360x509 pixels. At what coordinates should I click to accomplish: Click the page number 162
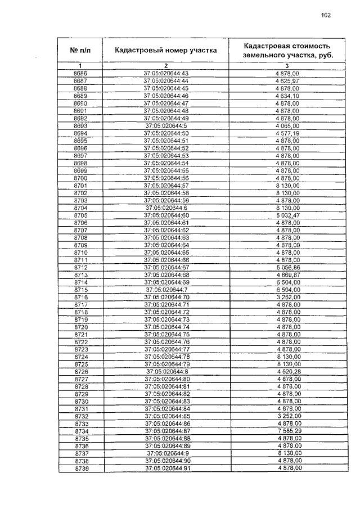(326, 15)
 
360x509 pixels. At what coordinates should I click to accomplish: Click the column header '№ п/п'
(80, 50)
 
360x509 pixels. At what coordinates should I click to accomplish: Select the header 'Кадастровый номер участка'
(165, 50)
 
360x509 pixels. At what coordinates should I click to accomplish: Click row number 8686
(80, 74)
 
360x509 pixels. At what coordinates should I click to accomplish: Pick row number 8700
(80, 178)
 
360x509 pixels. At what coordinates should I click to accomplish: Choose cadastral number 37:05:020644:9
(166, 453)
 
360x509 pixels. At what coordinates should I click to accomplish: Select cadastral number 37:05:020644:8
(166, 372)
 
